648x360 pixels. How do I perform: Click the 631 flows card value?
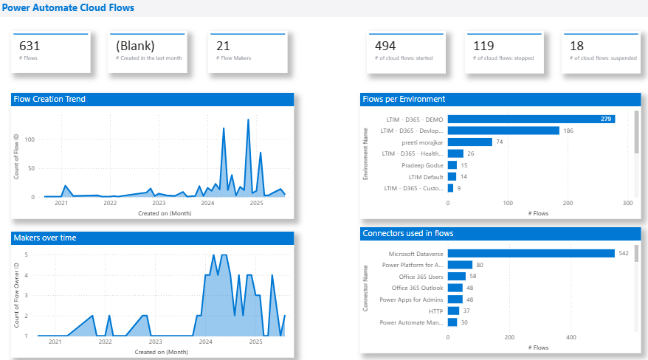click(x=30, y=46)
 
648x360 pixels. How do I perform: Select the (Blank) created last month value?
click(x=135, y=46)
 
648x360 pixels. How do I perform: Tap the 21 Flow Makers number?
click(x=223, y=46)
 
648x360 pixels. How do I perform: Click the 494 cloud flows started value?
click(x=385, y=46)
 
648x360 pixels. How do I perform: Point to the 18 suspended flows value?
click(x=576, y=46)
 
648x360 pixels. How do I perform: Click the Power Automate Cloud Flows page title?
click(x=67, y=7)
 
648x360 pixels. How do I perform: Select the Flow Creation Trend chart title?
click(x=49, y=99)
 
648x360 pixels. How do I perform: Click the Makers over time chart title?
click(x=45, y=238)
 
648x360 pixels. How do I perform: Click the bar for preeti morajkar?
click(x=470, y=142)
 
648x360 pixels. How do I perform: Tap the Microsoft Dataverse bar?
click(x=531, y=253)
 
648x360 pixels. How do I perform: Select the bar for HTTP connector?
click(x=453, y=311)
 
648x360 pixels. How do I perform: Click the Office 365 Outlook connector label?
click(x=417, y=288)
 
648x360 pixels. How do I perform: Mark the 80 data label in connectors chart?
click(x=480, y=265)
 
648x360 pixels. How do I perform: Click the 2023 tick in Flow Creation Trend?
click(x=159, y=203)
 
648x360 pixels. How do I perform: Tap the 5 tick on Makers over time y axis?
click(x=27, y=255)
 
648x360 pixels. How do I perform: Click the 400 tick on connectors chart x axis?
click(x=571, y=337)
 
